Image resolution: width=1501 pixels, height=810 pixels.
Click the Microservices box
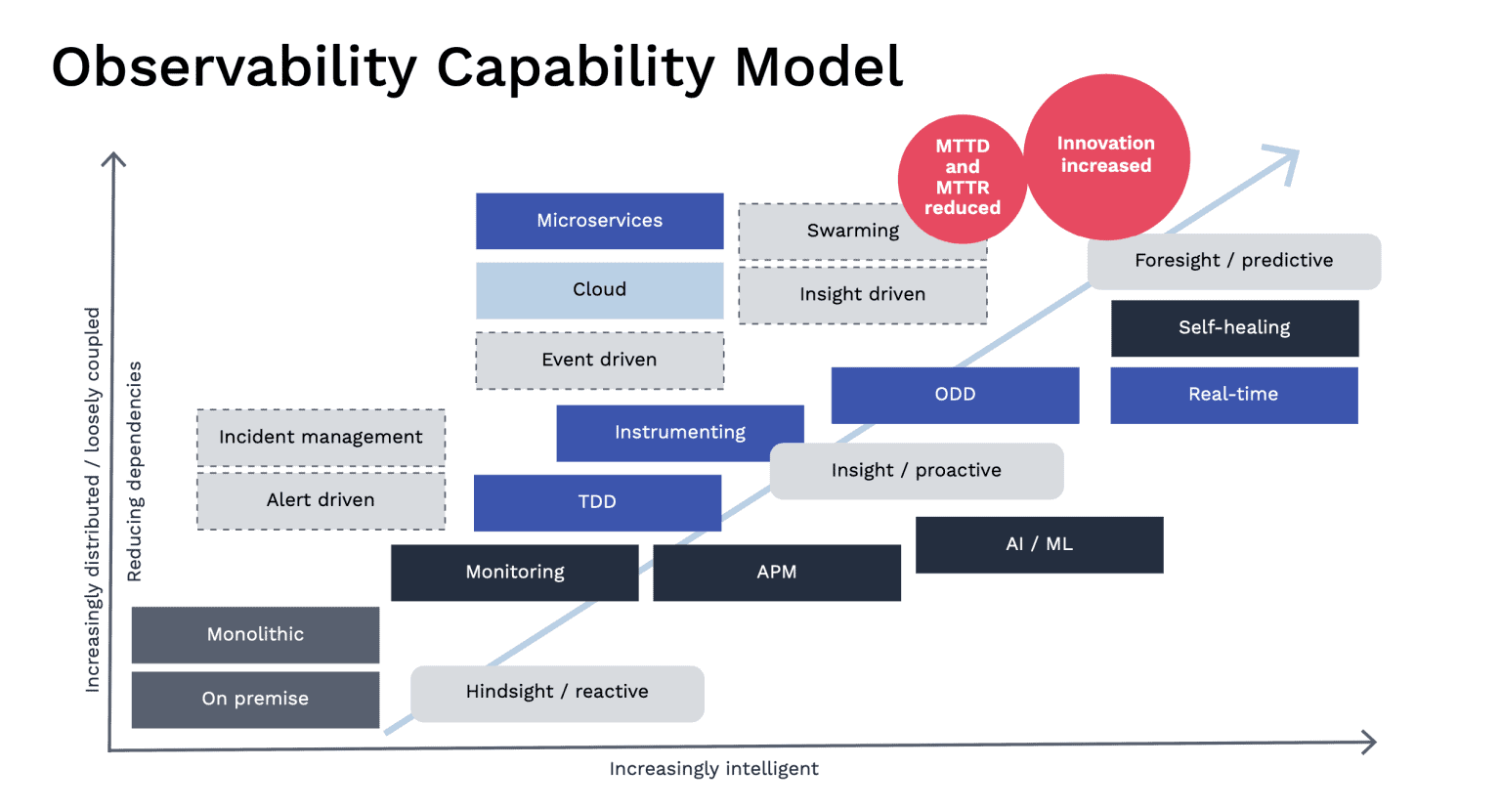click(599, 221)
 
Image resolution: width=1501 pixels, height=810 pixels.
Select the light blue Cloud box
click(599, 290)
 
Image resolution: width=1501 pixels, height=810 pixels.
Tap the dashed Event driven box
click(599, 361)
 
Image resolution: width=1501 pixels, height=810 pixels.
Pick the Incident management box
click(321, 437)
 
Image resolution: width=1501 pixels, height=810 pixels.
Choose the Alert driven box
click(321, 500)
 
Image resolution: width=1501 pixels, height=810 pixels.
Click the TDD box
click(597, 502)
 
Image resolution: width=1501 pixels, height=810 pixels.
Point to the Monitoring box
click(514, 573)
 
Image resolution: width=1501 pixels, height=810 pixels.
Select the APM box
click(776, 573)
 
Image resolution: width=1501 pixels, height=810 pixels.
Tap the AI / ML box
click(1039, 544)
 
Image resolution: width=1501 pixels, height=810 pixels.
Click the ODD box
click(955, 395)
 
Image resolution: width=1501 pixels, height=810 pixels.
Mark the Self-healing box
click(1234, 328)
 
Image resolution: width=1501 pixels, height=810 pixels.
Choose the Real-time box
click(1233, 395)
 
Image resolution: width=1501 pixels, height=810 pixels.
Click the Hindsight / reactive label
click(557, 693)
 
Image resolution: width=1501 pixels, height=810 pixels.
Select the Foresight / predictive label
click(1233, 261)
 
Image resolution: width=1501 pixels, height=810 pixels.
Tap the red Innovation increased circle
click(1106, 156)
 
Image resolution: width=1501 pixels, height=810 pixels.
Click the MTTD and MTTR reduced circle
click(962, 178)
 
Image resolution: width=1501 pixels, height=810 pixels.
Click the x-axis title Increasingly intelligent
click(713, 769)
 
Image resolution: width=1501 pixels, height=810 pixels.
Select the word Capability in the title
click(575, 68)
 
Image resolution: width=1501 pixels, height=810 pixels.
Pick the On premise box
click(255, 700)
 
